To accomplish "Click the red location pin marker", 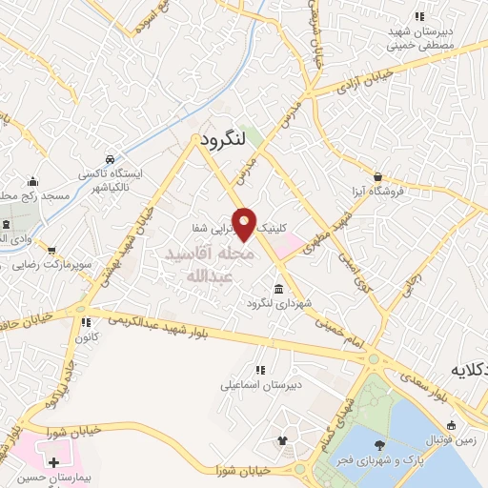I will pos(245,224).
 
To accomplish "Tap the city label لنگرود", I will pos(225,139).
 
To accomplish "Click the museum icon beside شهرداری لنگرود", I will pos(278,289).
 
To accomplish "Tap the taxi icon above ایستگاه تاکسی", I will pos(112,158).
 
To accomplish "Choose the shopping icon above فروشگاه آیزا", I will pos(378,176).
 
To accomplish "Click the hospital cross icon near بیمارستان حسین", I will pos(54,462).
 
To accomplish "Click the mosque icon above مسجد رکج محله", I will pos(33,182).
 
